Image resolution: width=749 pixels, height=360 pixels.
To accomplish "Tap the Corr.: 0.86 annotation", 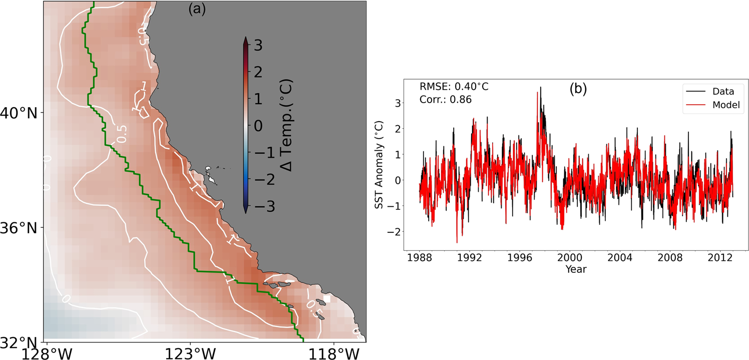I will click(x=446, y=100).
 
